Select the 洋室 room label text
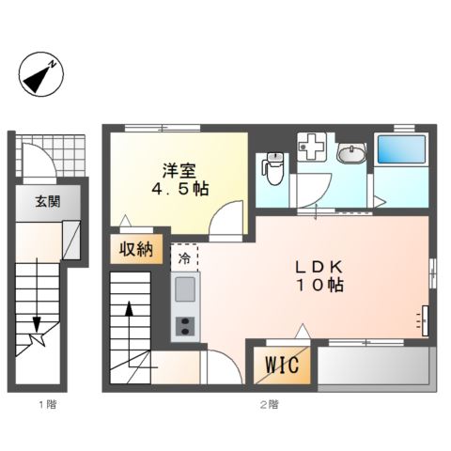point(179,170)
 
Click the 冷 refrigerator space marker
point(184,257)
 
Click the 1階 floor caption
point(45,405)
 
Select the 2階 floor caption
point(269,405)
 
